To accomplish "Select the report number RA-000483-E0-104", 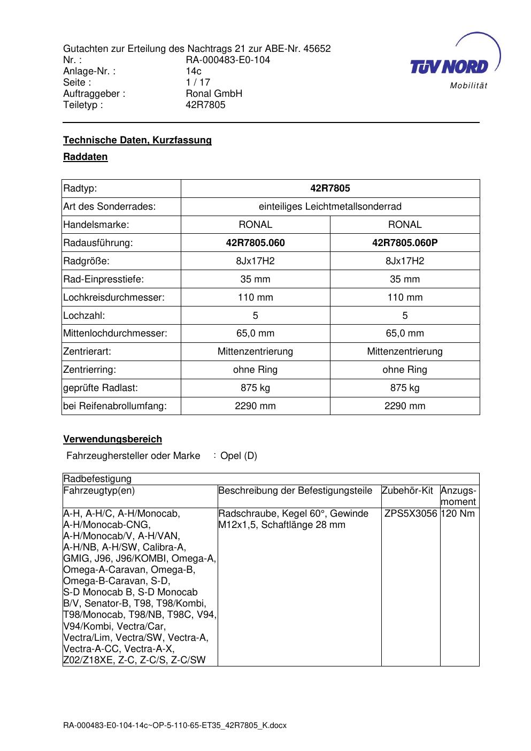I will (x=228, y=60).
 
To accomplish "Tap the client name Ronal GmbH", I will (x=214, y=94).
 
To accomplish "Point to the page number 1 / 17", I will (x=198, y=82).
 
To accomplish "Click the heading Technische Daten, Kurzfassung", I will (x=137, y=140).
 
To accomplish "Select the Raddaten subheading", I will (x=86, y=157).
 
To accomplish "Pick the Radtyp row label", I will (x=80, y=188).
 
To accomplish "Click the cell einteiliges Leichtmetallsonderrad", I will (x=330, y=206).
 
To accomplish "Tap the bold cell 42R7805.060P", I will (x=405, y=243).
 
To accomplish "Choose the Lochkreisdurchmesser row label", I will (x=114, y=297).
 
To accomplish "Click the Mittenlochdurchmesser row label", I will (x=115, y=333).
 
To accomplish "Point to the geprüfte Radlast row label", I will (x=101, y=388).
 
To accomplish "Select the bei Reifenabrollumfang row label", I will (x=115, y=406).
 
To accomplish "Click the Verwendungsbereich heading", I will (x=112, y=439).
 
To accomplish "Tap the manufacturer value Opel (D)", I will (x=238, y=456).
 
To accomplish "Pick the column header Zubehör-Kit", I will (x=407, y=491).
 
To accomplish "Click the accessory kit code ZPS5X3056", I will (x=411, y=514).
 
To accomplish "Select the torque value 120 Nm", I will (x=458, y=514).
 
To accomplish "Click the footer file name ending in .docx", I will (x=175, y=725).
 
